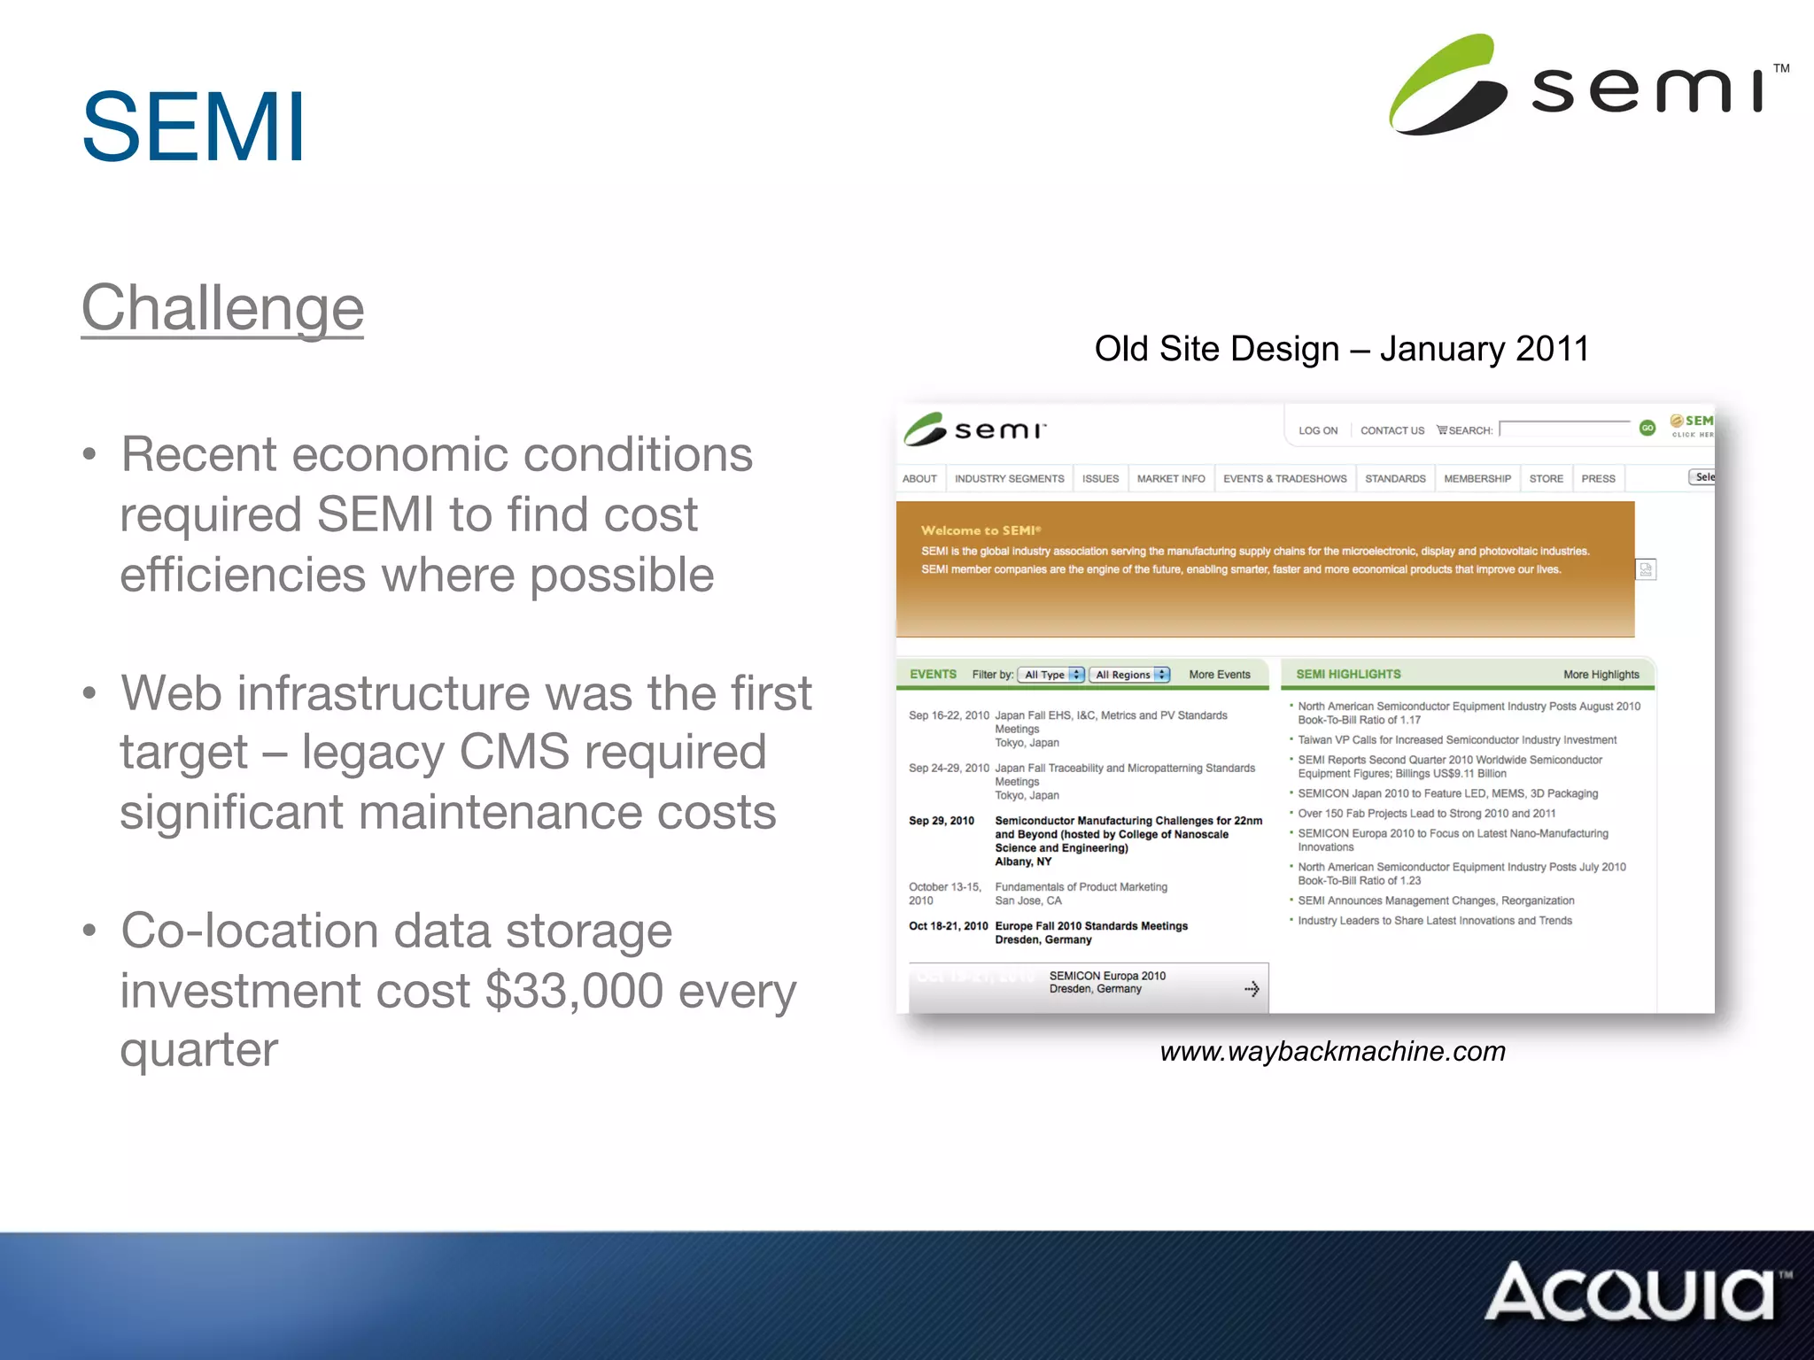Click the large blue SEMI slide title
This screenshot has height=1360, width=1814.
[193, 127]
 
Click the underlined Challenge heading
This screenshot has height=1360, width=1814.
[222, 308]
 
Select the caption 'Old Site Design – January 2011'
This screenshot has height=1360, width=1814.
[1341, 349]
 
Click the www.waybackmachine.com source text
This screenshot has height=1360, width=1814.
[1332, 1051]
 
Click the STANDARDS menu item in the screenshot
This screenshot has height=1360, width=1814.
[1395, 479]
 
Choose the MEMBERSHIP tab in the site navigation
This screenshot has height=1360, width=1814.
[1477, 479]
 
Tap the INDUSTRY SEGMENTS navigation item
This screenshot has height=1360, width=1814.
[1009, 479]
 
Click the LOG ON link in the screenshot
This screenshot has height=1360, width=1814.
[1317, 431]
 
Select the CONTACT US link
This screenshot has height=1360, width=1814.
[1392, 431]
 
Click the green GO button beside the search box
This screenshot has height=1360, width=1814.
[1647, 429]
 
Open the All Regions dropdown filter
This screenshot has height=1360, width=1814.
[1130, 675]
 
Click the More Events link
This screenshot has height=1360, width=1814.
[1219, 675]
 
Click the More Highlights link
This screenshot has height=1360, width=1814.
[1601, 675]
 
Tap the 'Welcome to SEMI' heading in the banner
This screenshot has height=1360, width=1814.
[981, 530]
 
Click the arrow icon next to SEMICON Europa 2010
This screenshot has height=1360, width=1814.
[1252, 989]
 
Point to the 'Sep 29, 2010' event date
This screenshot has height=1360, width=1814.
[941, 821]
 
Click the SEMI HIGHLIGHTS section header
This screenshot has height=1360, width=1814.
[1348, 675]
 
